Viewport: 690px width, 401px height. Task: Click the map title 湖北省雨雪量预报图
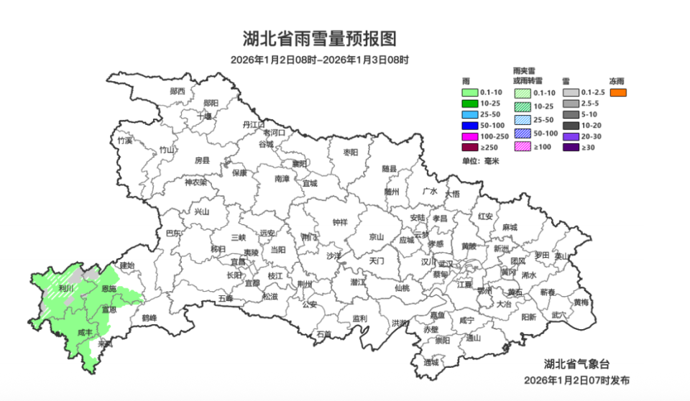pyautogui.click(x=320, y=38)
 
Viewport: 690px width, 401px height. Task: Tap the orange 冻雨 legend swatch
pyautogui.click(x=618, y=93)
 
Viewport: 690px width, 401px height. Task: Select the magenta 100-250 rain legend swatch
pyautogui.click(x=470, y=137)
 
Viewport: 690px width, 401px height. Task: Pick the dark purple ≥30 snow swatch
pyautogui.click(x=571, y=147)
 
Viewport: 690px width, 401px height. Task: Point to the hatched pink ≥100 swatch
pyautogui.click(x=522, y=147)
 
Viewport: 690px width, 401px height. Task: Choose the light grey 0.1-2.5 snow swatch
pyautogui.click(x=571, y=93)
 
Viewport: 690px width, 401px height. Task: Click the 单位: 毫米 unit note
pyautogui.click(x=481, y=160)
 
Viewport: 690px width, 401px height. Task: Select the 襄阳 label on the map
pyautogui.click(x=299, y=164)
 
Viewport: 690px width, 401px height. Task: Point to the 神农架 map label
pyautogui.click(x=195, y=183)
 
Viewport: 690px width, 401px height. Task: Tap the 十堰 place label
pyautogui.click(x=204, y=115)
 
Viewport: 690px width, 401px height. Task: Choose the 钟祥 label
pyautogui.click(x=340, y=223)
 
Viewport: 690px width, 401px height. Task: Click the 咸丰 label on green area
pyautogui.click(x=85, y=332)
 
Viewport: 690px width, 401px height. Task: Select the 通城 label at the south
pyautogui.click(x=431, y=362)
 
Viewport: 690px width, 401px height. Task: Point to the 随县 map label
pyautogui.click(x=389, y=168)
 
